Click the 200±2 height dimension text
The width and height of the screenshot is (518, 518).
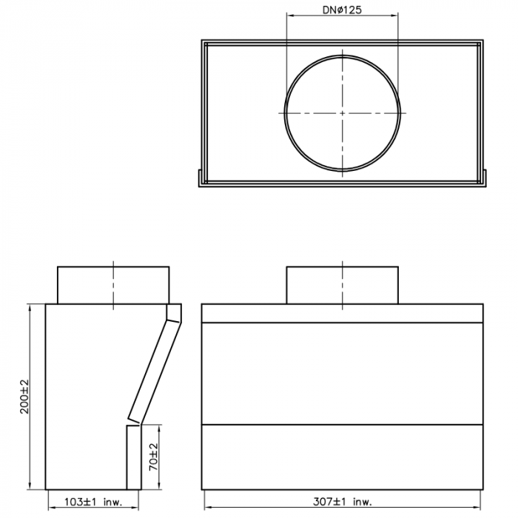click(24, 397)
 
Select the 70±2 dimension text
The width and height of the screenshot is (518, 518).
click(153, 457)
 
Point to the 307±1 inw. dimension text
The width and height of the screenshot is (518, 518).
click(341, 502)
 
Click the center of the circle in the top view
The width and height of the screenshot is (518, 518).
click(342, 112)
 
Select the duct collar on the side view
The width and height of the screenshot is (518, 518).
click(112, 285)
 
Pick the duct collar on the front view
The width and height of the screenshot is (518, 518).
click(342, 285)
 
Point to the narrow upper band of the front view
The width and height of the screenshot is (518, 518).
click(342, 314)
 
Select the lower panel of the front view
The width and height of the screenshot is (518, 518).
click(342, 457)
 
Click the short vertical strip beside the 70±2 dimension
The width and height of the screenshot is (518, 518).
click(132, 457)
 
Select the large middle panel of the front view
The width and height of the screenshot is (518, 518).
click(342, 374)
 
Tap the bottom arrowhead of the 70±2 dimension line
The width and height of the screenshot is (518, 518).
click(162, 485)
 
